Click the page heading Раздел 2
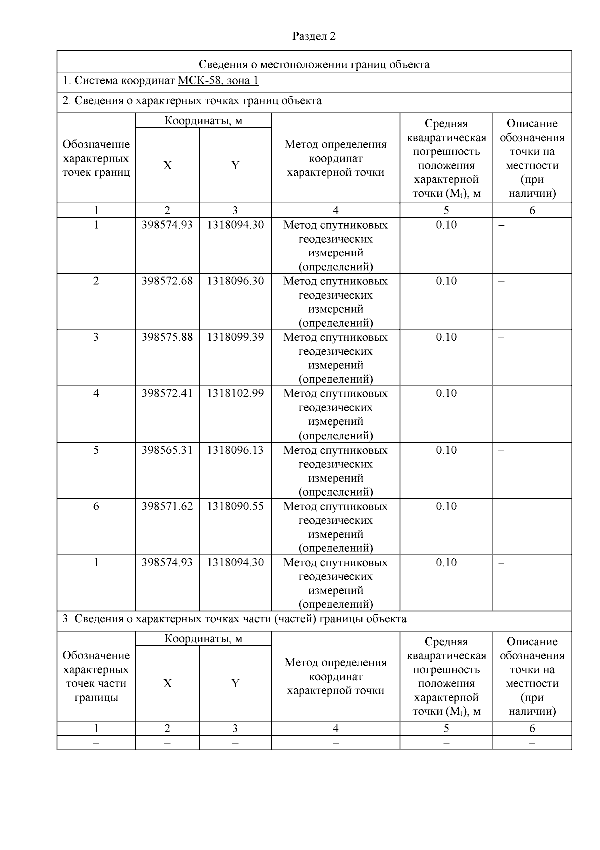tap(314, 36)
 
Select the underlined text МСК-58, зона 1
tap(218, 81)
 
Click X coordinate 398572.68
tap(167, 281)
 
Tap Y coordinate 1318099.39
tap(235, 337)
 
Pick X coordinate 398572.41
tap(167, 394)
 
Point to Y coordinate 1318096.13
tap(235, 450)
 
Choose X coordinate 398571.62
tap(167, 506)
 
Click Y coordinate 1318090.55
tap(235, 506)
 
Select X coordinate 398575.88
tap(167, 337)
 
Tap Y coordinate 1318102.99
tap(235, 394)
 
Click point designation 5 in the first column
tap(96, 450)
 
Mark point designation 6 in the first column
tap(96, 506)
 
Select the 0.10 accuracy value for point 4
tap(446, 394)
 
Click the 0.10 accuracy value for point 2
tap(446, 281)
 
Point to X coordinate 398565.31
tap(167, 450)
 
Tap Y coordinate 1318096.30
tap(235, 281)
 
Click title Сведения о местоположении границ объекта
tap(314, 64)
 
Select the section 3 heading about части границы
tap(234, 619)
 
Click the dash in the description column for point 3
tap(502, 337)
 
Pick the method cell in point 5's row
tap(335, 471)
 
